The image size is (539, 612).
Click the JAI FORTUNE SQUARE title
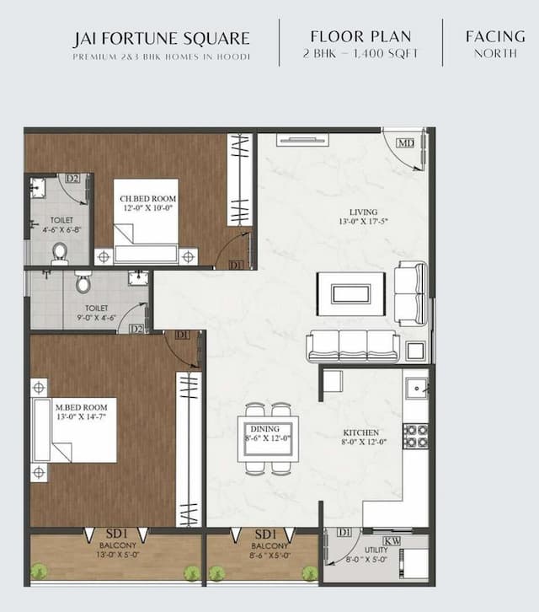(x=161, y=38)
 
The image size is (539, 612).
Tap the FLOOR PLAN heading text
(x=360, y=36)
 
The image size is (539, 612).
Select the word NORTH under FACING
(x=495, y=53)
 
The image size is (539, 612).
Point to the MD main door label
(x=405, y=142)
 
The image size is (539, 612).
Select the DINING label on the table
(x=267, y=428)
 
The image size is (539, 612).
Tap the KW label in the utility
(x=392, y=540)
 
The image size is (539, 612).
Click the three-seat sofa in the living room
(x=353, y=346)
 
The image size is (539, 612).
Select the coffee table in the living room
(x=350, y=293)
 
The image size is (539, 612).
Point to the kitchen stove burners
(x=416, y=436)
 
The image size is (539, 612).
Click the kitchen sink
(x=416, y=389)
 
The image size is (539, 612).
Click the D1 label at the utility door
(x=344, y=533)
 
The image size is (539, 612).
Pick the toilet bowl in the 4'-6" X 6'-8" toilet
(x=60, y=252)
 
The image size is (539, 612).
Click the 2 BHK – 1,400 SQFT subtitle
(x=360, y=54)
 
